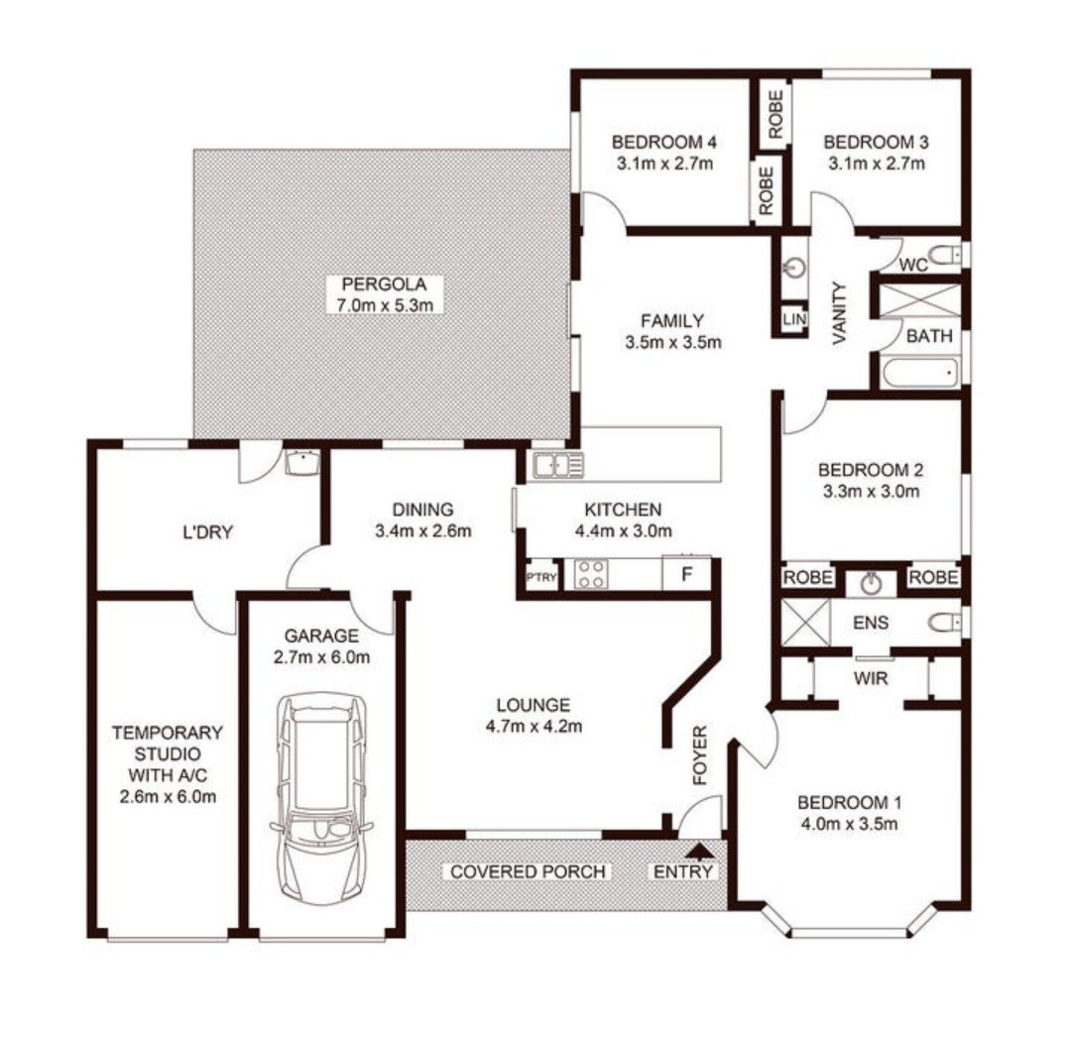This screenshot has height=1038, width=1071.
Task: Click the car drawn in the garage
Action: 320,799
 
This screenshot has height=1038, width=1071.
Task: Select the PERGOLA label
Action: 384,284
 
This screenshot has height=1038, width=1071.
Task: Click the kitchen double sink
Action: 558,465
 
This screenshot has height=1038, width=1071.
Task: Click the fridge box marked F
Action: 686,574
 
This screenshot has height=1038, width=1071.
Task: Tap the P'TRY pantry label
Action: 541,577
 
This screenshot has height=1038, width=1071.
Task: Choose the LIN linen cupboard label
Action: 794,319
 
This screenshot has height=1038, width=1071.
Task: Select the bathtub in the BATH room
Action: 919,374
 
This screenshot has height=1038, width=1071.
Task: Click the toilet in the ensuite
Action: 945,623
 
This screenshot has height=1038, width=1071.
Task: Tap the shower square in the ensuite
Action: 805,623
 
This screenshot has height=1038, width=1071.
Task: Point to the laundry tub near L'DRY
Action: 301,462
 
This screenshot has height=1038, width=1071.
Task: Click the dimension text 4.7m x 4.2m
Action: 534,726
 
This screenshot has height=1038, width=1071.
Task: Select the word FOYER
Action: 700,755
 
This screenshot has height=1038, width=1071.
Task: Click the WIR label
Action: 871,678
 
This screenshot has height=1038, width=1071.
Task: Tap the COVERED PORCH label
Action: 528,872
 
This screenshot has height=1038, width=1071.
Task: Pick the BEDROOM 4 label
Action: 663,142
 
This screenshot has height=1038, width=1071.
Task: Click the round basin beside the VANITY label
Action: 795,267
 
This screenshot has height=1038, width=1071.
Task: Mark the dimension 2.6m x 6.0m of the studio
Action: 168,796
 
